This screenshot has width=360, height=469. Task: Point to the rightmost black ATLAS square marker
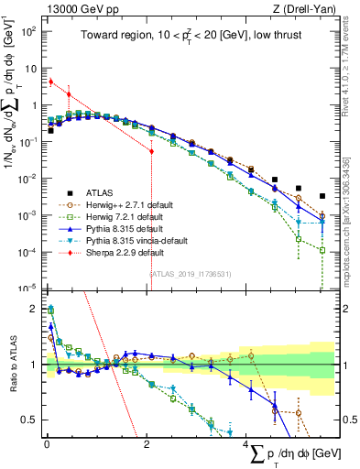coord(322,195)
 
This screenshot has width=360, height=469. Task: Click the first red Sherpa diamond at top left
coord(51,82)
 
